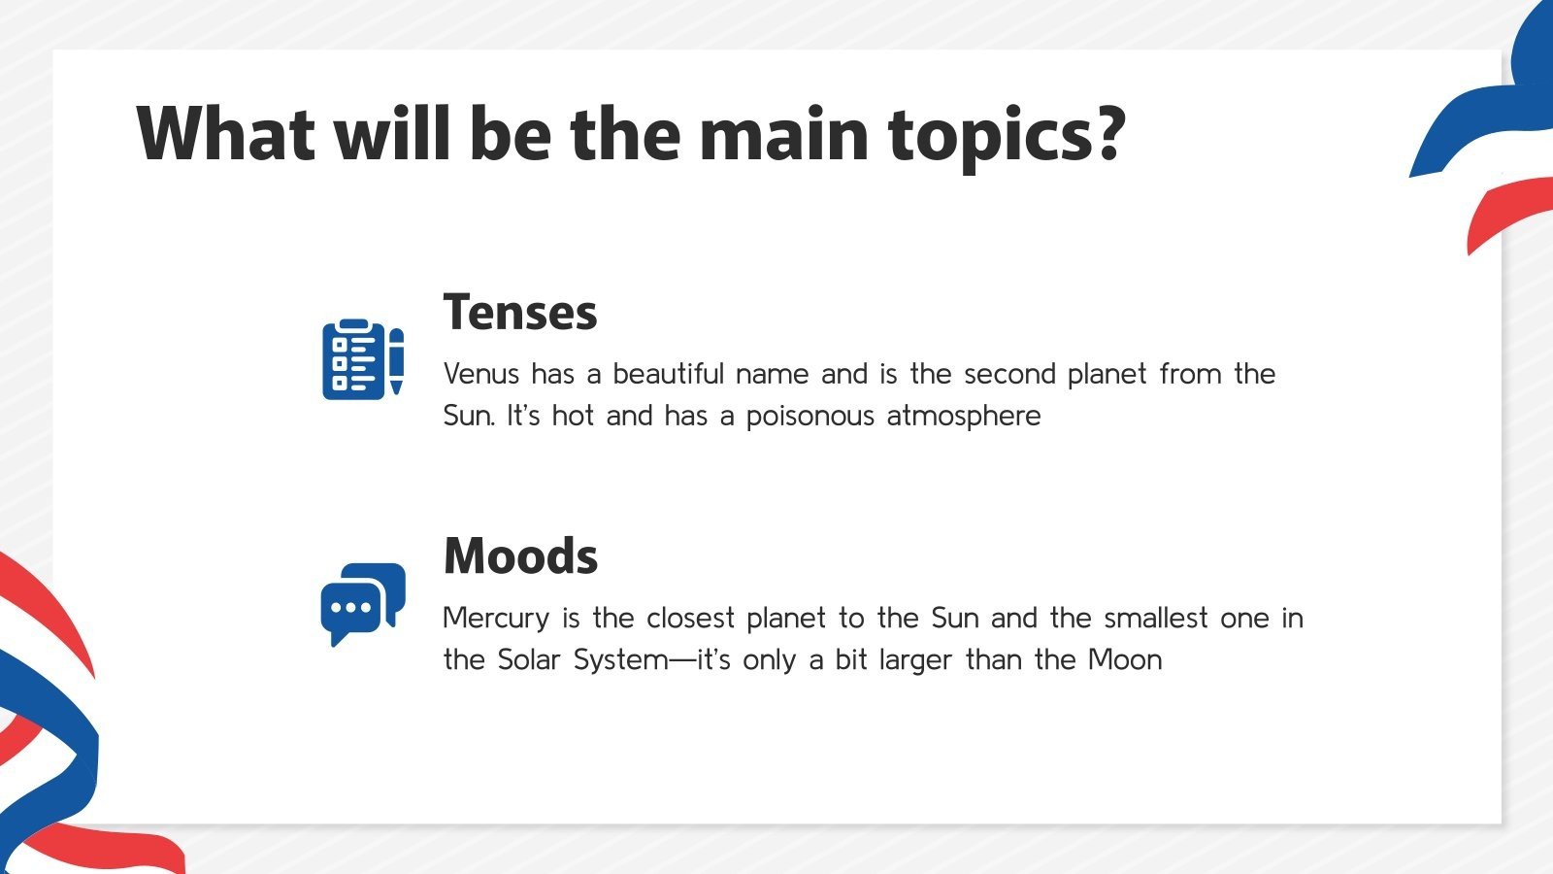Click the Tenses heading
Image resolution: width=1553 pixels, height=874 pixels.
coord(520,313)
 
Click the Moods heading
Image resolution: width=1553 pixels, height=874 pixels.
coord(520,556)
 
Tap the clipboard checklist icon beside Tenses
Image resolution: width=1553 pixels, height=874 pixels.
coord(361,358)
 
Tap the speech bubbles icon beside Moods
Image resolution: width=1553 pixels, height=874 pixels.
coord(362,603)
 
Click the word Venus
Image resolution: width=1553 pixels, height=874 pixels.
coord(480,374)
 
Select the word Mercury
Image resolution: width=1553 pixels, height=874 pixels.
coord(496,618)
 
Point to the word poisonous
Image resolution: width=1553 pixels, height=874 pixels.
coord(810,417)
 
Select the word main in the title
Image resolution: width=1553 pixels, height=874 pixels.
coord(783,134)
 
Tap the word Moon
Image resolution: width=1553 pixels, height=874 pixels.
coord(1124,660)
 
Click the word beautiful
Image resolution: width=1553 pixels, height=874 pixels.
coord(668,374)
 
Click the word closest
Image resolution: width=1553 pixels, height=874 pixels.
coord(690,618)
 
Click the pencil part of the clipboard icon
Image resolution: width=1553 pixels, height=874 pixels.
coord(396,360)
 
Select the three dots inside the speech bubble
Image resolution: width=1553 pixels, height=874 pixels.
coord(350,608)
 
